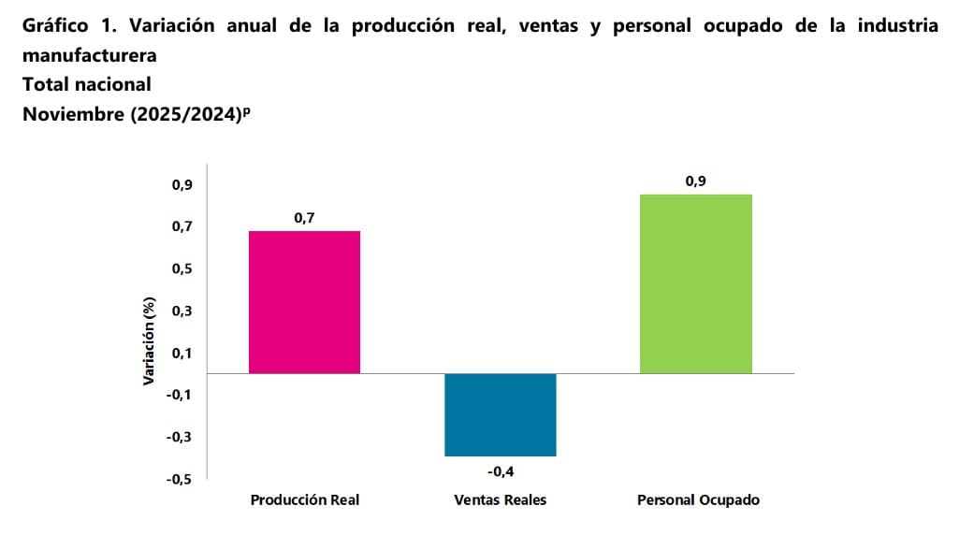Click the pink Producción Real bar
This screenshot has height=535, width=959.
(x=304, y=301)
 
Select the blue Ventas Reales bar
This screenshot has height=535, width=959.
(x=500, y=414)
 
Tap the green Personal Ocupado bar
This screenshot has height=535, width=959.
(x=696, y=283)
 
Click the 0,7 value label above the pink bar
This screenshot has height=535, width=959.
(x=304, y=218)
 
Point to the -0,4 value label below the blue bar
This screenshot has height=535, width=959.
(x=500, y=470)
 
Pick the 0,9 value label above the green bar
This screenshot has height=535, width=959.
(x=695, y=181)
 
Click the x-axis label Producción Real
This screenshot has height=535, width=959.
(x=304, y=499)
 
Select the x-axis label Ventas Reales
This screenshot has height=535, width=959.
(x=500, y=499)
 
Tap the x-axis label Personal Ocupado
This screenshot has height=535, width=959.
(x=698, y=499)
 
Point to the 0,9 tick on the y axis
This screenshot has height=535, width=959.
(x=182, y=185)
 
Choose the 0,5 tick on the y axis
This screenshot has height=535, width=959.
(x=182, y=269)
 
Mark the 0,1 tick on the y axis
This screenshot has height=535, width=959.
(x=182, y=354)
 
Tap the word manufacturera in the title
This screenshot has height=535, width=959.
(x=89, y=55)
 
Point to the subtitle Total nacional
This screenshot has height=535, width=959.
(x=86, y=84)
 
